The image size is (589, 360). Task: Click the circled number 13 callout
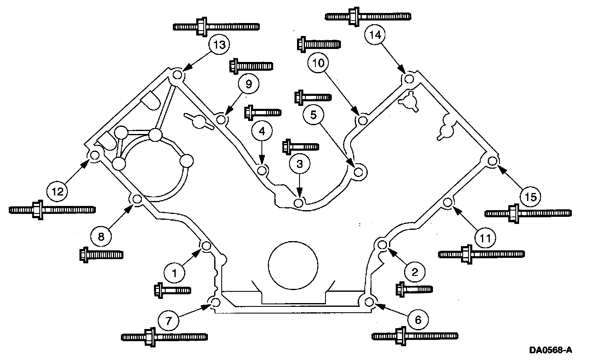coord(219,45)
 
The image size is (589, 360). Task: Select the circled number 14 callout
coord(375,36)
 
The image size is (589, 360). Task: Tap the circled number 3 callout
coord(299,164)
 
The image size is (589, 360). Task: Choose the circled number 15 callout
coord(530,196)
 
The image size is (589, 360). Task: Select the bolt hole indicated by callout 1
coord(205,246)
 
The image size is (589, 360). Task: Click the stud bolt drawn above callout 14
coord(367,16)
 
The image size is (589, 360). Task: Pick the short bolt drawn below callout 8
coord(101,254)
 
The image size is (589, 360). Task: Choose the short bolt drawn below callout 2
coord(414,289)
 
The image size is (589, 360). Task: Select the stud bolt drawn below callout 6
coord(415,336)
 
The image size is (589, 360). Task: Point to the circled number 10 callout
coord(319,63)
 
